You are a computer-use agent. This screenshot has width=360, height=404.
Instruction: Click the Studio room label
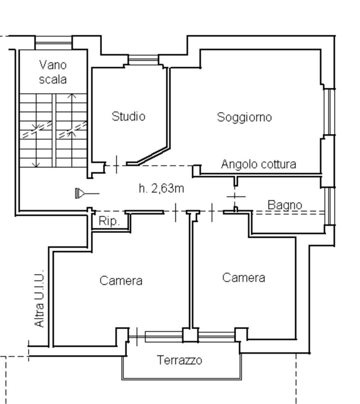(x=128, y=116)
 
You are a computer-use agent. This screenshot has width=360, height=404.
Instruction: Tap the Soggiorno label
(x=244, y=117)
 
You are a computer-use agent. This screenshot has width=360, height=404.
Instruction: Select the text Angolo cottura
(x=259, y=164)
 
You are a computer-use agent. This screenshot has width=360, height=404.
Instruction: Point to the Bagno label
(x=285, y=205)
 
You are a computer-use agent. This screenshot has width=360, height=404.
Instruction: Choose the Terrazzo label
(x=179, y=360)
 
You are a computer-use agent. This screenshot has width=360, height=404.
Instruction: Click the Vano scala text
(x=53, y=72)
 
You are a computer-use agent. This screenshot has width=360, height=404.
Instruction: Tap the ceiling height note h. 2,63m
(x=161, y=189)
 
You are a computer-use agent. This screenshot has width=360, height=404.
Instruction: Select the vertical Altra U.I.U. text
(x=40, y=299)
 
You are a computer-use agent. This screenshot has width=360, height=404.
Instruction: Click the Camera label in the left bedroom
(x=121, y=281)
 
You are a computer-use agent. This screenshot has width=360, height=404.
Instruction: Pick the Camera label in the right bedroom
(x=244, y=278)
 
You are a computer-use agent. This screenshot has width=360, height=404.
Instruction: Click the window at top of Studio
(x=143, y=60)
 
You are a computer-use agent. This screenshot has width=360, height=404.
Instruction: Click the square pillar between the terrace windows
(x=191, y=335)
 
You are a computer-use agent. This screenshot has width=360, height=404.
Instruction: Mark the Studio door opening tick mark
(x=116, y=164)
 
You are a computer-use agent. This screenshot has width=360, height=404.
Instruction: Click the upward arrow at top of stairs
(x=72, y=96)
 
